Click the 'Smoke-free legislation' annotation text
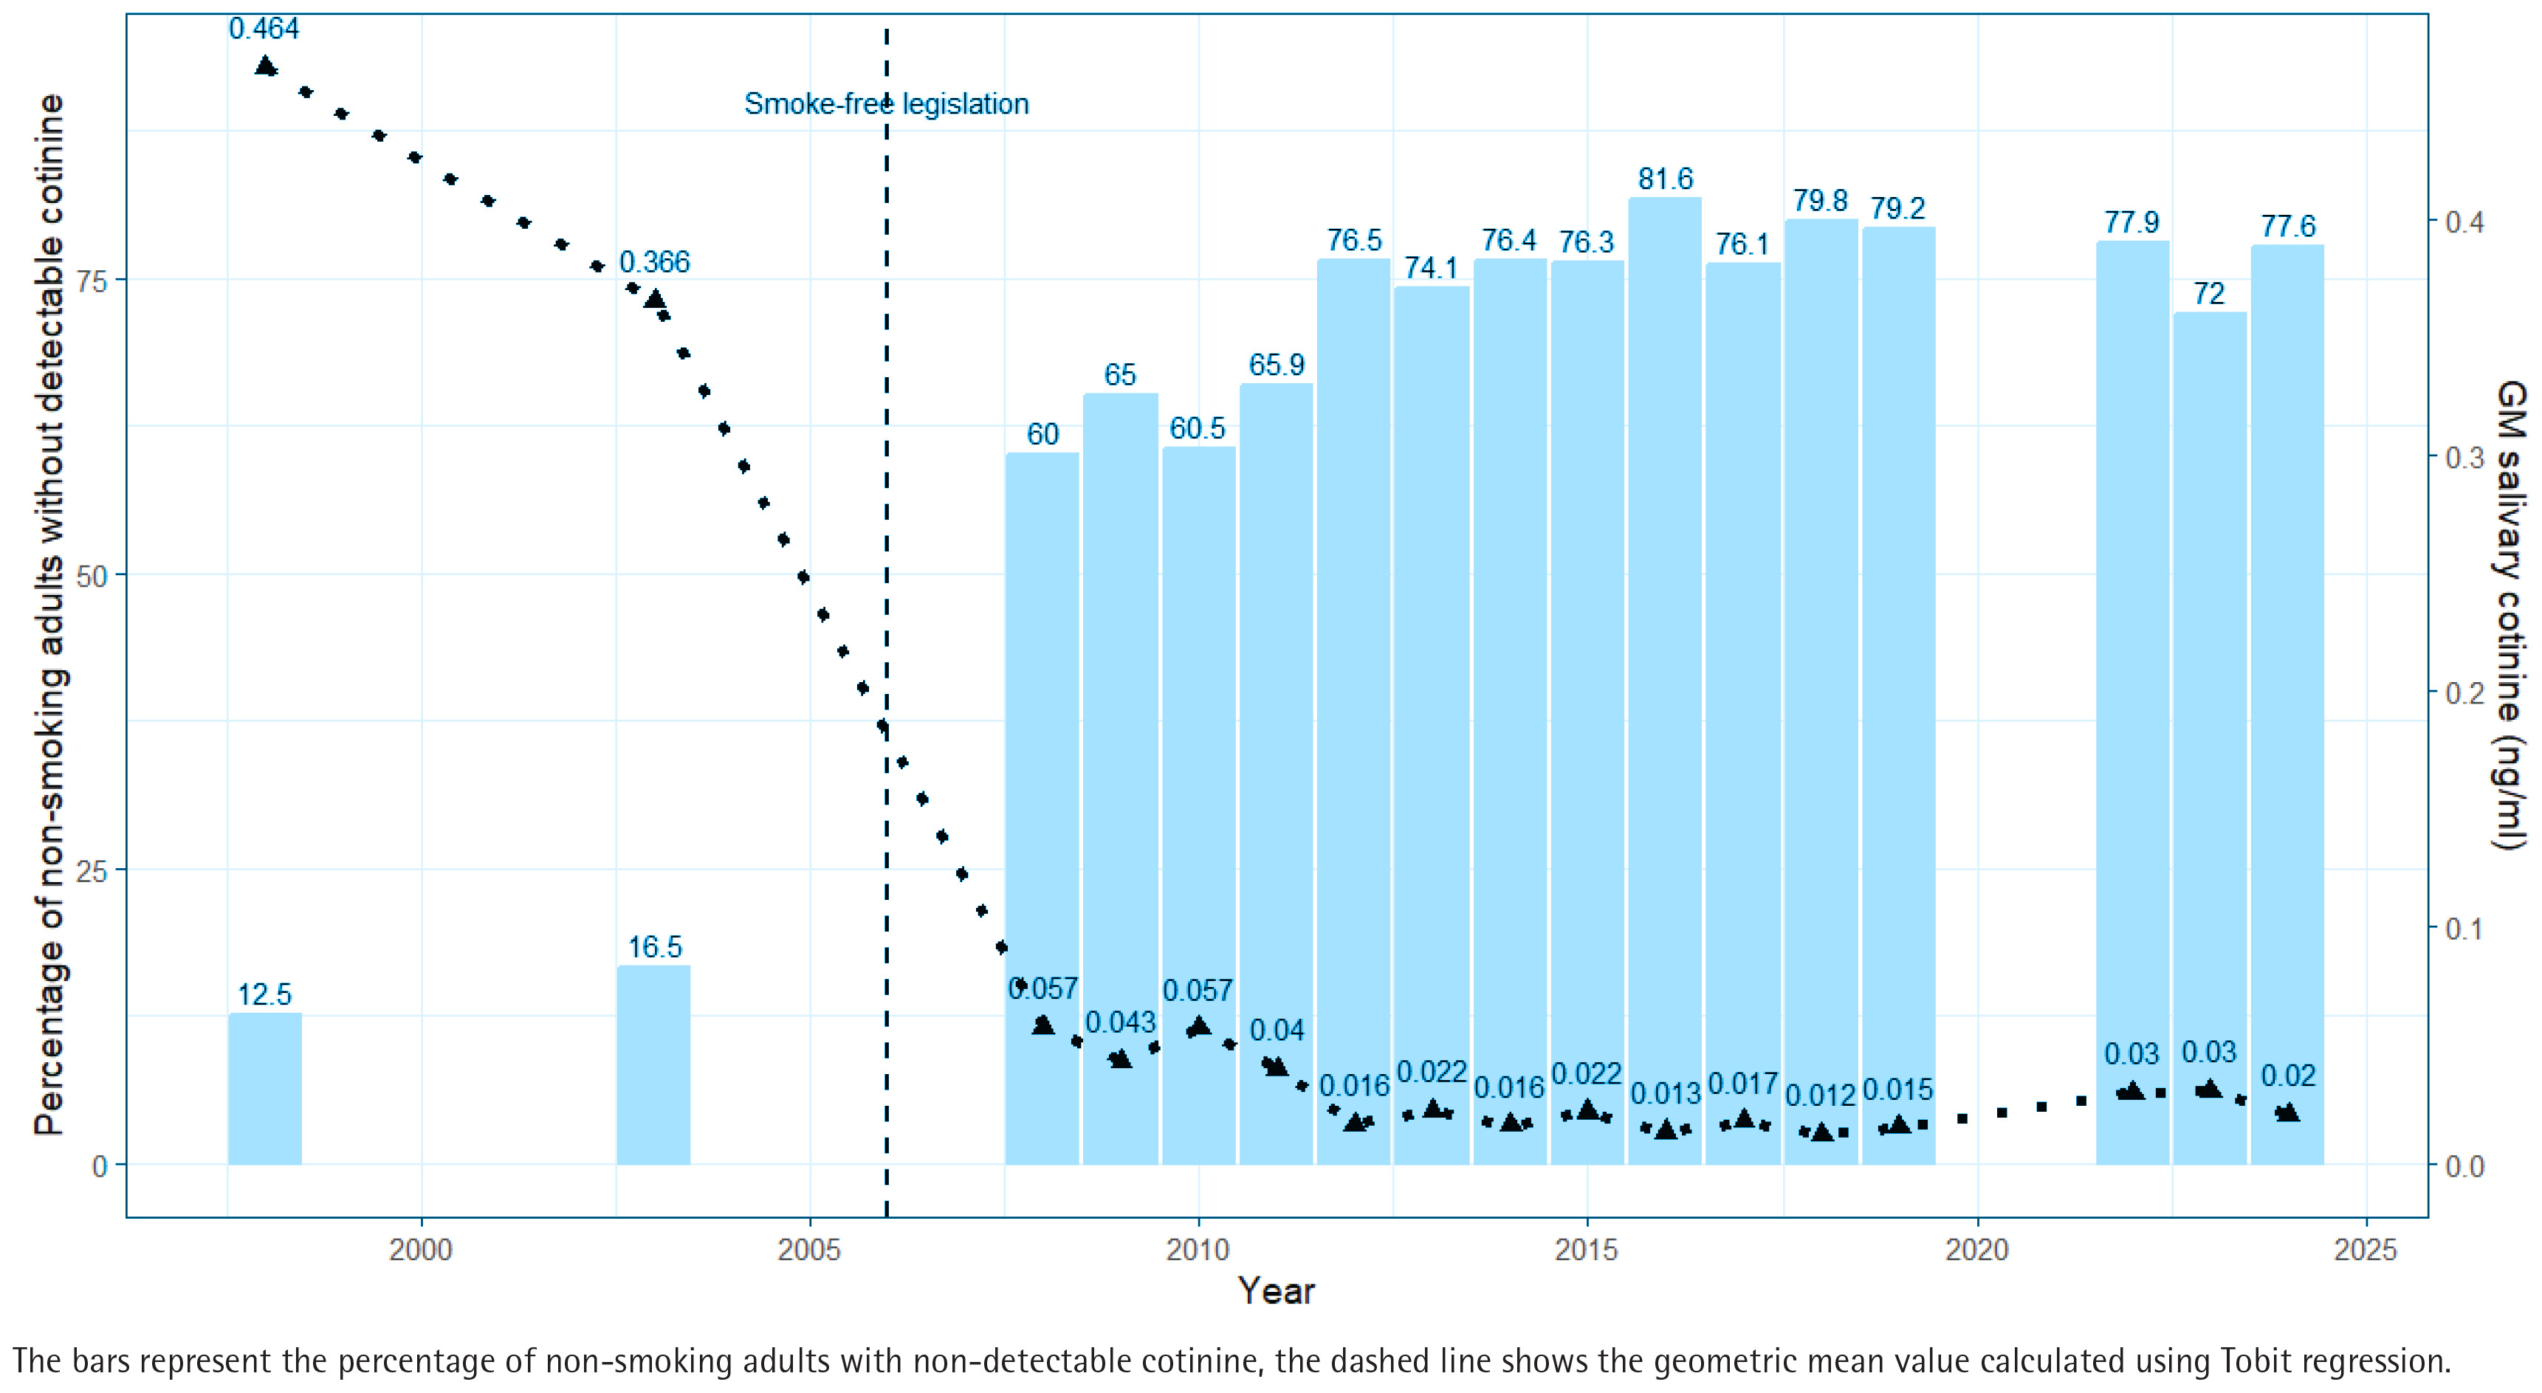(x=886, y=103)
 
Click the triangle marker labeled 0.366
(x=654, y=299)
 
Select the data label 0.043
(x=1120, y=1022)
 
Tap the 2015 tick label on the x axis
(x=1587, y=1250)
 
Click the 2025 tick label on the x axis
(x=2366, y=1250)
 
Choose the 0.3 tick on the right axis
(x=2464, y=457)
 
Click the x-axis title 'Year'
(x=1276, y=1291)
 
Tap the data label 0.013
(x=1666, y=1094)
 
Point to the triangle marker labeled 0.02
(x=2287, y=1112)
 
